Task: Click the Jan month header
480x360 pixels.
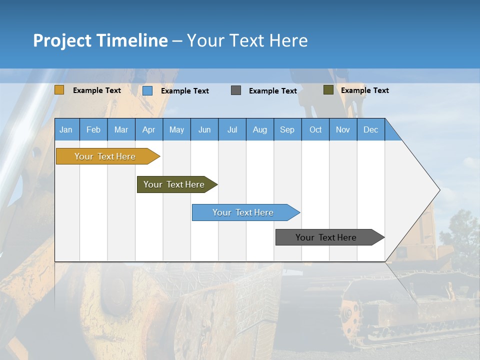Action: pos(66,129)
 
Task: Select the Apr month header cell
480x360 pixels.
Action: pos(149,129)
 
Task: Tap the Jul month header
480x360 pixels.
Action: pos(232,129)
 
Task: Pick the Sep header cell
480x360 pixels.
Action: pos(287,129)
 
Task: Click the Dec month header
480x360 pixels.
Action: pos(370,129)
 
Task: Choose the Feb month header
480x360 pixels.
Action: pos(93,129)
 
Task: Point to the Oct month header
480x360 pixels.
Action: pos(315,129)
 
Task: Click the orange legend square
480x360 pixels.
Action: pos(59,90)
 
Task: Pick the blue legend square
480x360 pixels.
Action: pos(147,90)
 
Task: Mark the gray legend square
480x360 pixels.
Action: pos(236,90)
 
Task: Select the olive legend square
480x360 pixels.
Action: pos(328,90)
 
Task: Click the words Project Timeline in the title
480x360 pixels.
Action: pos(100,40)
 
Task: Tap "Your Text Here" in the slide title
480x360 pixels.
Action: pos(247,40)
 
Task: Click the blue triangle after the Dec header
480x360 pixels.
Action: pos(391,133)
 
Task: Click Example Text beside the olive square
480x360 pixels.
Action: pos(364,90)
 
